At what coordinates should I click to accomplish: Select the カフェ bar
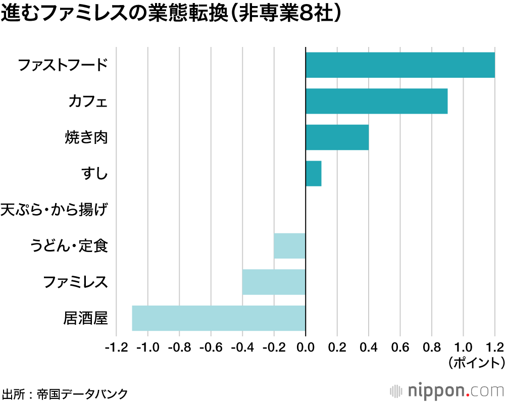376,101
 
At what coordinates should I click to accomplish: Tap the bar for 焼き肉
337,137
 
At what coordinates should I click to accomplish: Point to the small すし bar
313,174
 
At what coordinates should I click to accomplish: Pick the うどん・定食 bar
289,246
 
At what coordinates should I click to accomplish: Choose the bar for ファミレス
274,282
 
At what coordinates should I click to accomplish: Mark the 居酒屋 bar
219,318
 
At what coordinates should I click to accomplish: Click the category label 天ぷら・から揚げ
54,210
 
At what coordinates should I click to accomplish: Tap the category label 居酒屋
85,319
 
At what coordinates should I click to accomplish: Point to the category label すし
94,174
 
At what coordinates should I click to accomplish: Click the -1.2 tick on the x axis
116,347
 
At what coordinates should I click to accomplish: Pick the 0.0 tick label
306,347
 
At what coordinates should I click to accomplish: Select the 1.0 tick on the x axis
463,347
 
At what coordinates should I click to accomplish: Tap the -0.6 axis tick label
211,347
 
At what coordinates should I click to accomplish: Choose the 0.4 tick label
369,347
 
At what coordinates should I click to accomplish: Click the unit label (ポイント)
475,362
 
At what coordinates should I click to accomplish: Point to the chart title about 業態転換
172,14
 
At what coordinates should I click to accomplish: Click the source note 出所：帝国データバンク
65,392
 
